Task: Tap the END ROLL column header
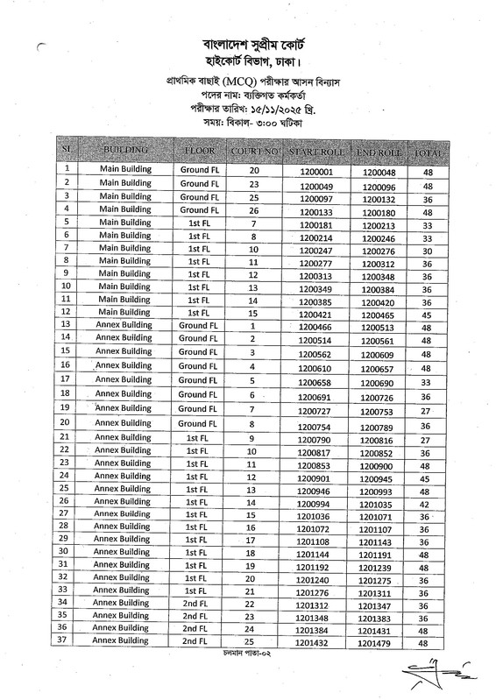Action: [x=379, y=153]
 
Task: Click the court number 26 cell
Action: [x=253, y=211]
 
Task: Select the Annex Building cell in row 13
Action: [x=124, y=325]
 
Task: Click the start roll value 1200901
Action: [x=314, y=477]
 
